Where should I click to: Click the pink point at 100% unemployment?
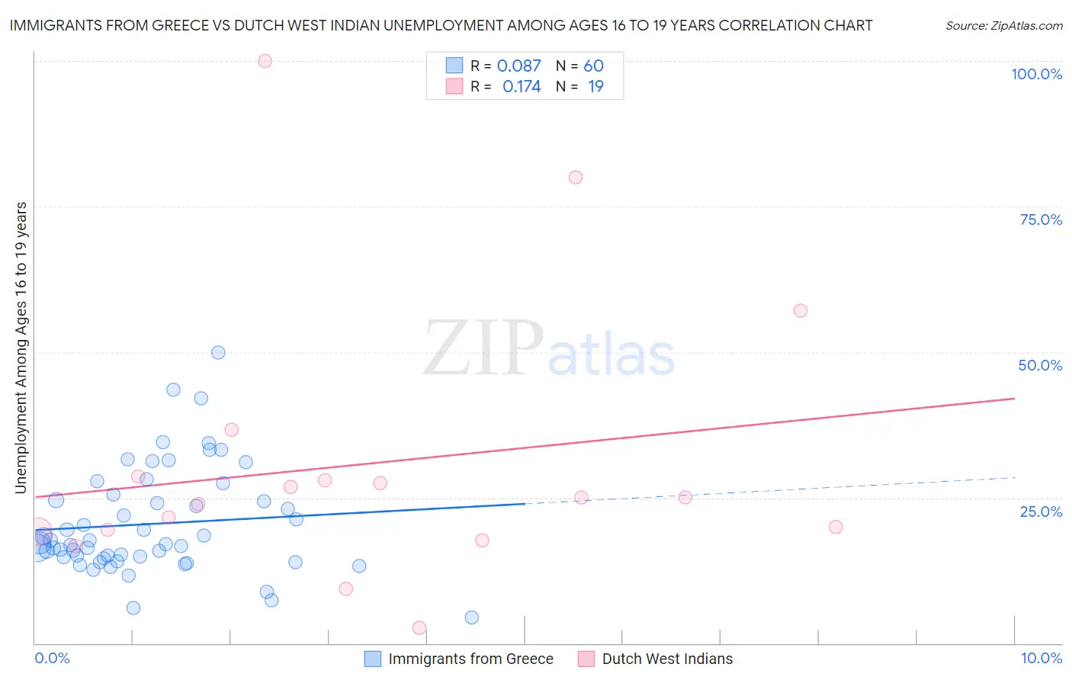pos(265,61)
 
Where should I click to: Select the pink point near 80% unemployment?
pos(576,177)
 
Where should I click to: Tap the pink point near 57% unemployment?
pos(800,310)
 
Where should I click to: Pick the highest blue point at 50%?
pos(218,352)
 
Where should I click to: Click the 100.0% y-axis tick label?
pos(1036,74)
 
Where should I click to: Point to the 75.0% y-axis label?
pos(1041,220)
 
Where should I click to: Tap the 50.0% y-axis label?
pos(1040,365)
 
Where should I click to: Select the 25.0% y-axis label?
pos(1041,511)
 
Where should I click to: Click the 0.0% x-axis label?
pos(52,658)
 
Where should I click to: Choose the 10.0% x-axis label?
pos(1041,658)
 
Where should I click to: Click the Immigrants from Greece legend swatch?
pos(373,659)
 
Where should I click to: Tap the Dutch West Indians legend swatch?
pos(586,659)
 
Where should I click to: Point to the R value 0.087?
pos(518,66)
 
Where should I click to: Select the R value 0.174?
pos(522,87)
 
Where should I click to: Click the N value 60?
pos(593,66)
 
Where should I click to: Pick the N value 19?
pos(595,87)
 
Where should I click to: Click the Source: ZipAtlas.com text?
pos(1003,26)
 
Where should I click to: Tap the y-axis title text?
pos(21,348)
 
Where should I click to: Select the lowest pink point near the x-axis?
pos(419,628)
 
